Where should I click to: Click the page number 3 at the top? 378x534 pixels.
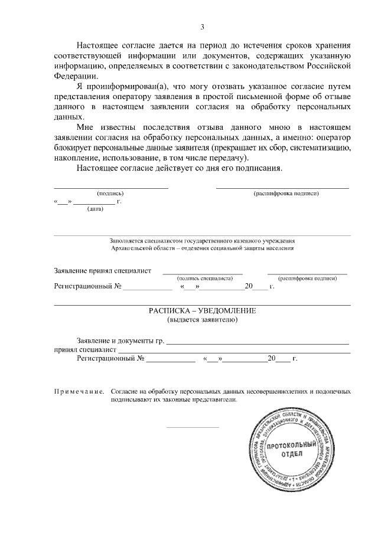point(203,27)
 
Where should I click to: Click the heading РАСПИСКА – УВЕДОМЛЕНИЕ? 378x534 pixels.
point(203,310)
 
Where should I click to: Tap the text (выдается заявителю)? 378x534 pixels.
point(203,320)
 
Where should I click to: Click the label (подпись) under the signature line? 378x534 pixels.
point(110,194)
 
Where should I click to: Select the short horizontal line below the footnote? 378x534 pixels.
point(193,427)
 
